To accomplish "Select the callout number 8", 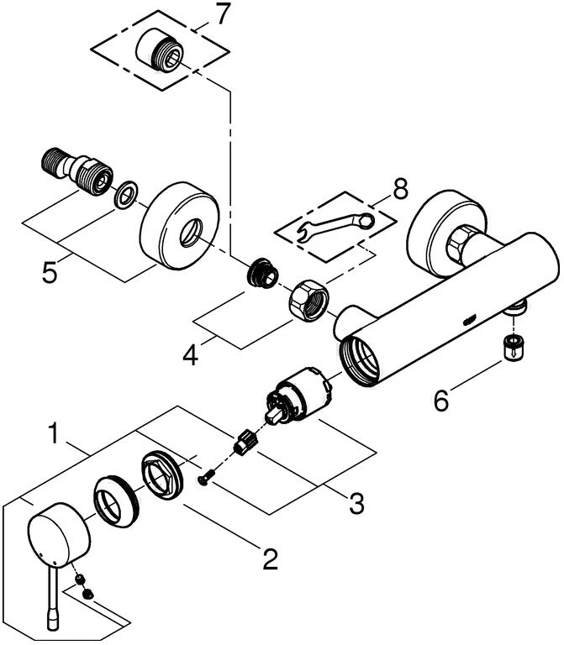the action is click(x=400, y=189).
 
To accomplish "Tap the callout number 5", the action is click(x=50, y=271).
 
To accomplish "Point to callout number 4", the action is click(x=190, y=354).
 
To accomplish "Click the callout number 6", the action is click(x=441, y=401).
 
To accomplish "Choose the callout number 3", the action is click(x=356, y=503).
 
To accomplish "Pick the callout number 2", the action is click(x=270, y=558).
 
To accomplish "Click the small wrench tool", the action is click(x=335, y=227).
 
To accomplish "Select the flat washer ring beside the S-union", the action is click(x=125, y=194).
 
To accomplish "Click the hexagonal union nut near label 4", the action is click(x=308, y=300).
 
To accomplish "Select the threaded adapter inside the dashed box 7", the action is click(x=158, y=50).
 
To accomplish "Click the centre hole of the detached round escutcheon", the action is click(x=191, y=233).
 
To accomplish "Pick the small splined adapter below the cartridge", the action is click(x=245, y=441).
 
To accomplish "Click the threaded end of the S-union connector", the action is click(x=53, y=160).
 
